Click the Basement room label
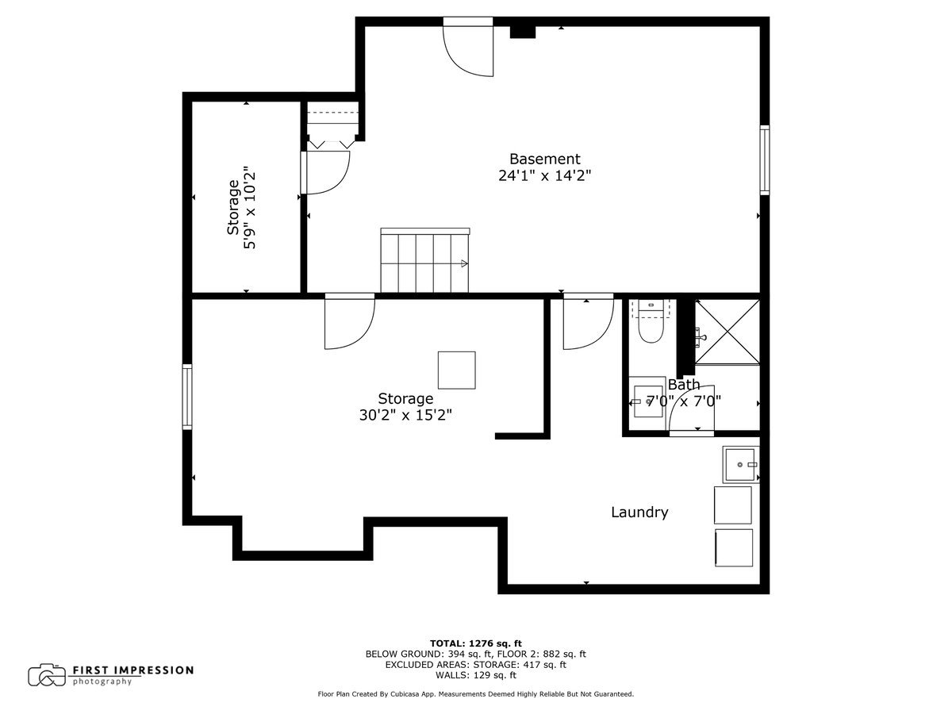point(544,159)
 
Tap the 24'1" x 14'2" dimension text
point(544,176)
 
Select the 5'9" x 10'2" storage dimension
point(251,208)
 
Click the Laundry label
point(639,512)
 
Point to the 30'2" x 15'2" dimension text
point(405,415)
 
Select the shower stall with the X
point(727,331)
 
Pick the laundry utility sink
point(740,463)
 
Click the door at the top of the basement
point(468,48)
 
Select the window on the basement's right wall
point(764,159)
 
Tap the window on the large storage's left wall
point(187,396)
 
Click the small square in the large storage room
point(457,370)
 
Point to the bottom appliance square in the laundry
point(734,547)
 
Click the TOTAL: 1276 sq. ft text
point(475,643)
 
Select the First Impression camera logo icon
point(47,674)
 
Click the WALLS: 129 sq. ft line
point(475,675)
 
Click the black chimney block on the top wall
point(522,31)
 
